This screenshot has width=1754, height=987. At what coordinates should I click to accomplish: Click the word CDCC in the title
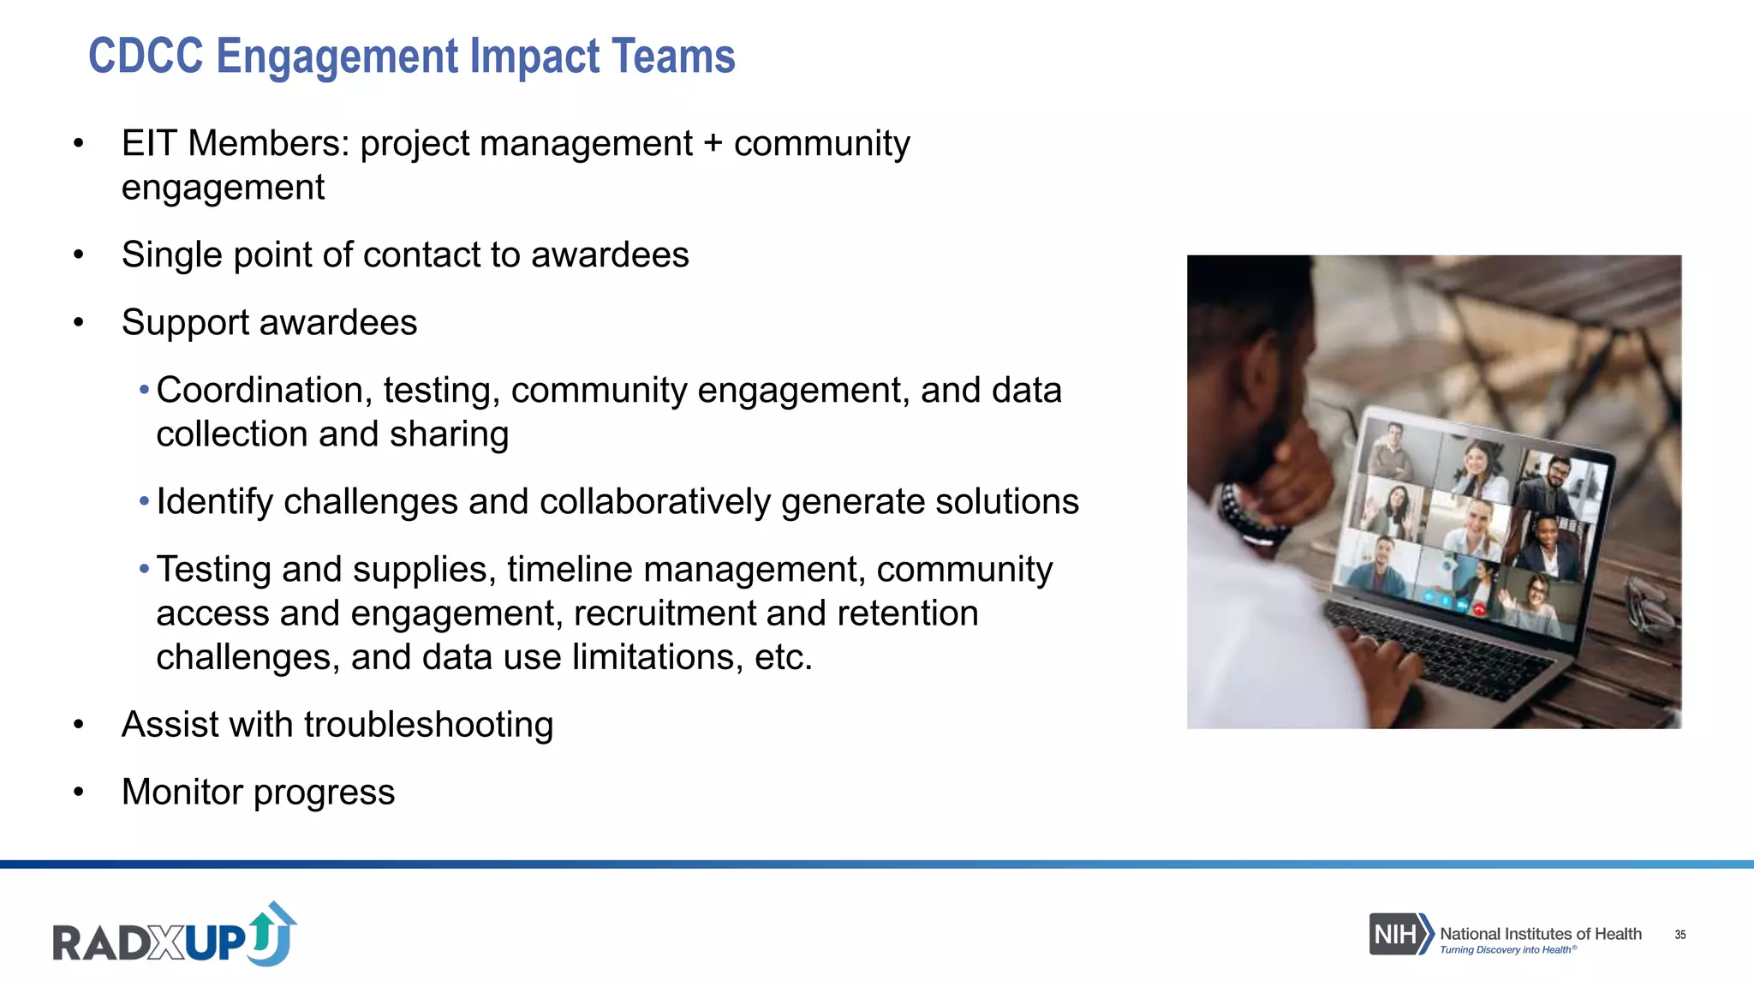click(146, 57)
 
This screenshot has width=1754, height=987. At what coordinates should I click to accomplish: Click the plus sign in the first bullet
click(713, 143)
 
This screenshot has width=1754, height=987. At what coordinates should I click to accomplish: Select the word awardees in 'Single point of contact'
click(610, 254)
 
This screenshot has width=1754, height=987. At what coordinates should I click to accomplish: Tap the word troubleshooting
click(428, 724)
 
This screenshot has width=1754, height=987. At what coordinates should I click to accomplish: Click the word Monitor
click(182, 792)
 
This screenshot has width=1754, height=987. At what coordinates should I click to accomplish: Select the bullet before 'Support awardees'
click(79, 323)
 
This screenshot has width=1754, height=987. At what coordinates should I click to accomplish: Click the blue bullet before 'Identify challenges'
click(144, 501)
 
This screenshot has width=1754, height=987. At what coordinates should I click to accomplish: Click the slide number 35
click(1679, 935)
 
